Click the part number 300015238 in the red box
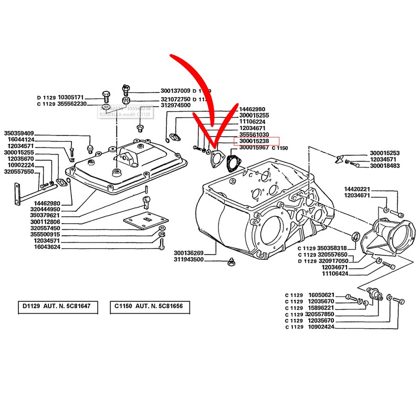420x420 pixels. coord(255,141)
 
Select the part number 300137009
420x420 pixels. coord(175,91)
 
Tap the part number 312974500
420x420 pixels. coord(175,105)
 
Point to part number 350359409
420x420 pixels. coord(19,133)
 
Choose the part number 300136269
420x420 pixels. coord(188,253)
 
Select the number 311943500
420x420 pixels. coord(188,260)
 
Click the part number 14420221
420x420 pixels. coord(359,189)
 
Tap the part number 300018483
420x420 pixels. coord(385,166)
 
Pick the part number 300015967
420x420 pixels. coord(255,148)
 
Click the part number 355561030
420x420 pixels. coord(255,135)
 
